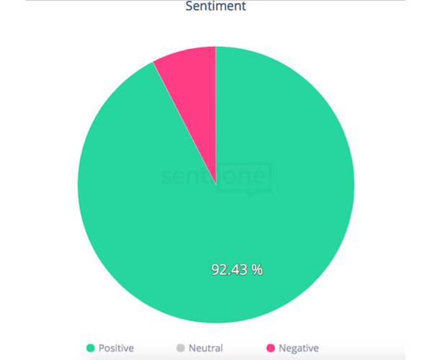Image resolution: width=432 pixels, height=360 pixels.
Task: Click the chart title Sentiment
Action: coord(215,6)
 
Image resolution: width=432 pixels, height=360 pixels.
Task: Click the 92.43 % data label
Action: coord(236,269)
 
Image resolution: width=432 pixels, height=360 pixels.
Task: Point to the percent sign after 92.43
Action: coord(257,269)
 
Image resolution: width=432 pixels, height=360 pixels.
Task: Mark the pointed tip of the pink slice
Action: coord(216,182)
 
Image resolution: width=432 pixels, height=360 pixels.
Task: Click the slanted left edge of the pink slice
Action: coord(184,122)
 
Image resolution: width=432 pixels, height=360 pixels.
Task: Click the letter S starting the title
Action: coord(189,6)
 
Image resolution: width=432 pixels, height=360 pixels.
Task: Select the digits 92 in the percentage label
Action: coord(218,269)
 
